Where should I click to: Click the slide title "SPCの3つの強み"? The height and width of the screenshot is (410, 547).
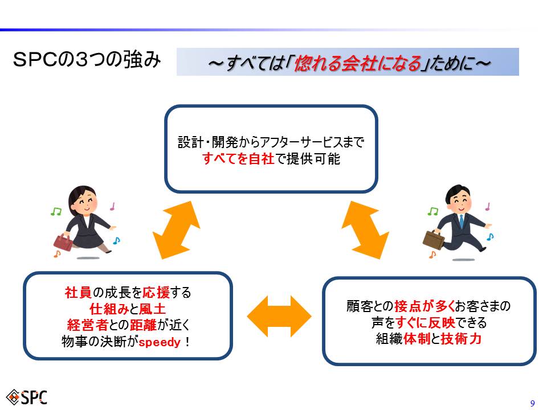(x=87, y=60)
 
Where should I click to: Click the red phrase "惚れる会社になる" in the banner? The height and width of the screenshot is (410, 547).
(x=358, y=63)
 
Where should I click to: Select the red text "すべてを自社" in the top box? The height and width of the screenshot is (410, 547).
(x=238, y=159)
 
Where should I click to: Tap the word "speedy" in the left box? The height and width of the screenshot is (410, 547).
(x=160, y=342)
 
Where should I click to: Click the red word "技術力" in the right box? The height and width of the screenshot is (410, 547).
(x=461, y=338)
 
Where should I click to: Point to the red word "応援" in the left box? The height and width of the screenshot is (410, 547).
(x=156, y=292)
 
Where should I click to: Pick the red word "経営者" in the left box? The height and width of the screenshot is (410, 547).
(x=87, y=325)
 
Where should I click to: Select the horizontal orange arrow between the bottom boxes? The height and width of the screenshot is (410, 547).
(x=279, y=316)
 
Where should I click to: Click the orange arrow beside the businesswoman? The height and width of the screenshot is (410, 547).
(x=177, y=229)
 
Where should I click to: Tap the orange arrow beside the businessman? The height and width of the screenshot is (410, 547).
(x=365, y=229)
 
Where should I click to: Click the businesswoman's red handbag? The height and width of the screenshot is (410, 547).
(x=63, y=242)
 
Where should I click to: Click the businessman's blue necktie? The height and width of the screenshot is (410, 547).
(x=462, y=221)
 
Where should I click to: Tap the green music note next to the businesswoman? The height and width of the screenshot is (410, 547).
(x=56, y=211)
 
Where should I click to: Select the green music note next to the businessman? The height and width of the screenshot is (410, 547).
(x=433, y=211)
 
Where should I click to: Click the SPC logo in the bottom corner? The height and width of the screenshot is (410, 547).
(x=27, y=397)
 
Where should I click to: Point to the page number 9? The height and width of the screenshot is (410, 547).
(x=532, y=403)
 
